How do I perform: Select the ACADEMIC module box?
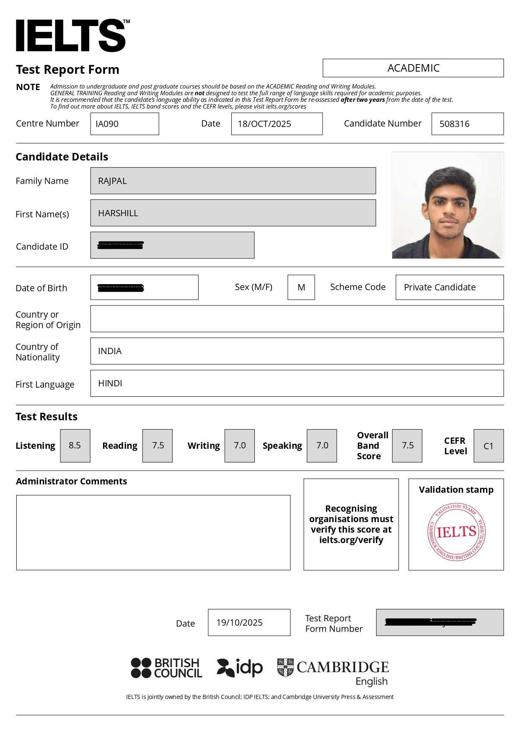point(413,68)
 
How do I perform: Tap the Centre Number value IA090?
point(107,124)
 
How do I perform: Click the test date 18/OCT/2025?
point(264,124)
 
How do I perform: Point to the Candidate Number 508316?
point(455,124)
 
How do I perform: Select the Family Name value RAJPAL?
point(113,181)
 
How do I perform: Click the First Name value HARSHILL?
point(118,213)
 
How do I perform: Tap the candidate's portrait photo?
point(448,205)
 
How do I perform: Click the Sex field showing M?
point(301,287)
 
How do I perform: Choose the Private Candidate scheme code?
point(440,287)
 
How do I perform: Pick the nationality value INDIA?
point(110,351)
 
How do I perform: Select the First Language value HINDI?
point(110,383)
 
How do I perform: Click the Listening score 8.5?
point(75,445)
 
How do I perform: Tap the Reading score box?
point(158,445)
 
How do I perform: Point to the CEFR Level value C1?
point(489,446)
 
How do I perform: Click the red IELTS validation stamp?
point(456,532)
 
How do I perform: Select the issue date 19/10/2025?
point(240,623)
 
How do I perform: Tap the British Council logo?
point(166,668)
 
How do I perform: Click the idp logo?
point(240,668)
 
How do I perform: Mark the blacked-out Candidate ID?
point(121,245)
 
